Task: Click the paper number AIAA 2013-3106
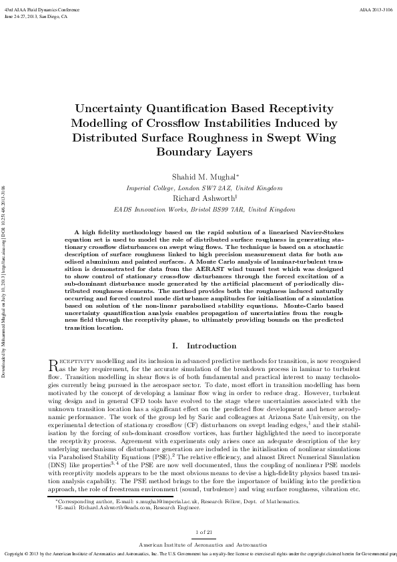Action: pyautogui.click(x=376, y=11)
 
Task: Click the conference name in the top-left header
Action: pyautogui.click(x=37, y=11)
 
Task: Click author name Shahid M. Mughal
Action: pyautogui.click(x=196, y=178)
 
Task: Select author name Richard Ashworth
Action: pyautogui.click(x=198, y=198)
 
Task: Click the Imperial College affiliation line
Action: pyautogui.click(x=198, y=188)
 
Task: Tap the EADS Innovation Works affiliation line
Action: pyautogui.click(x=198, y=209)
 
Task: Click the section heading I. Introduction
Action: pyautogui.click(x=198, y=346)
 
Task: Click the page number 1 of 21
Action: pyautogui.click(x=198, y=531)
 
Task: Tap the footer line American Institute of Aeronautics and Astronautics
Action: pyautogui.click(x=198, y=545)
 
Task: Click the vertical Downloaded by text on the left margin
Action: pyautogui.click(x=6, y=280)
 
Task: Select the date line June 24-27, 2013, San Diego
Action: pyautogui.click(x=36, y=17)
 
